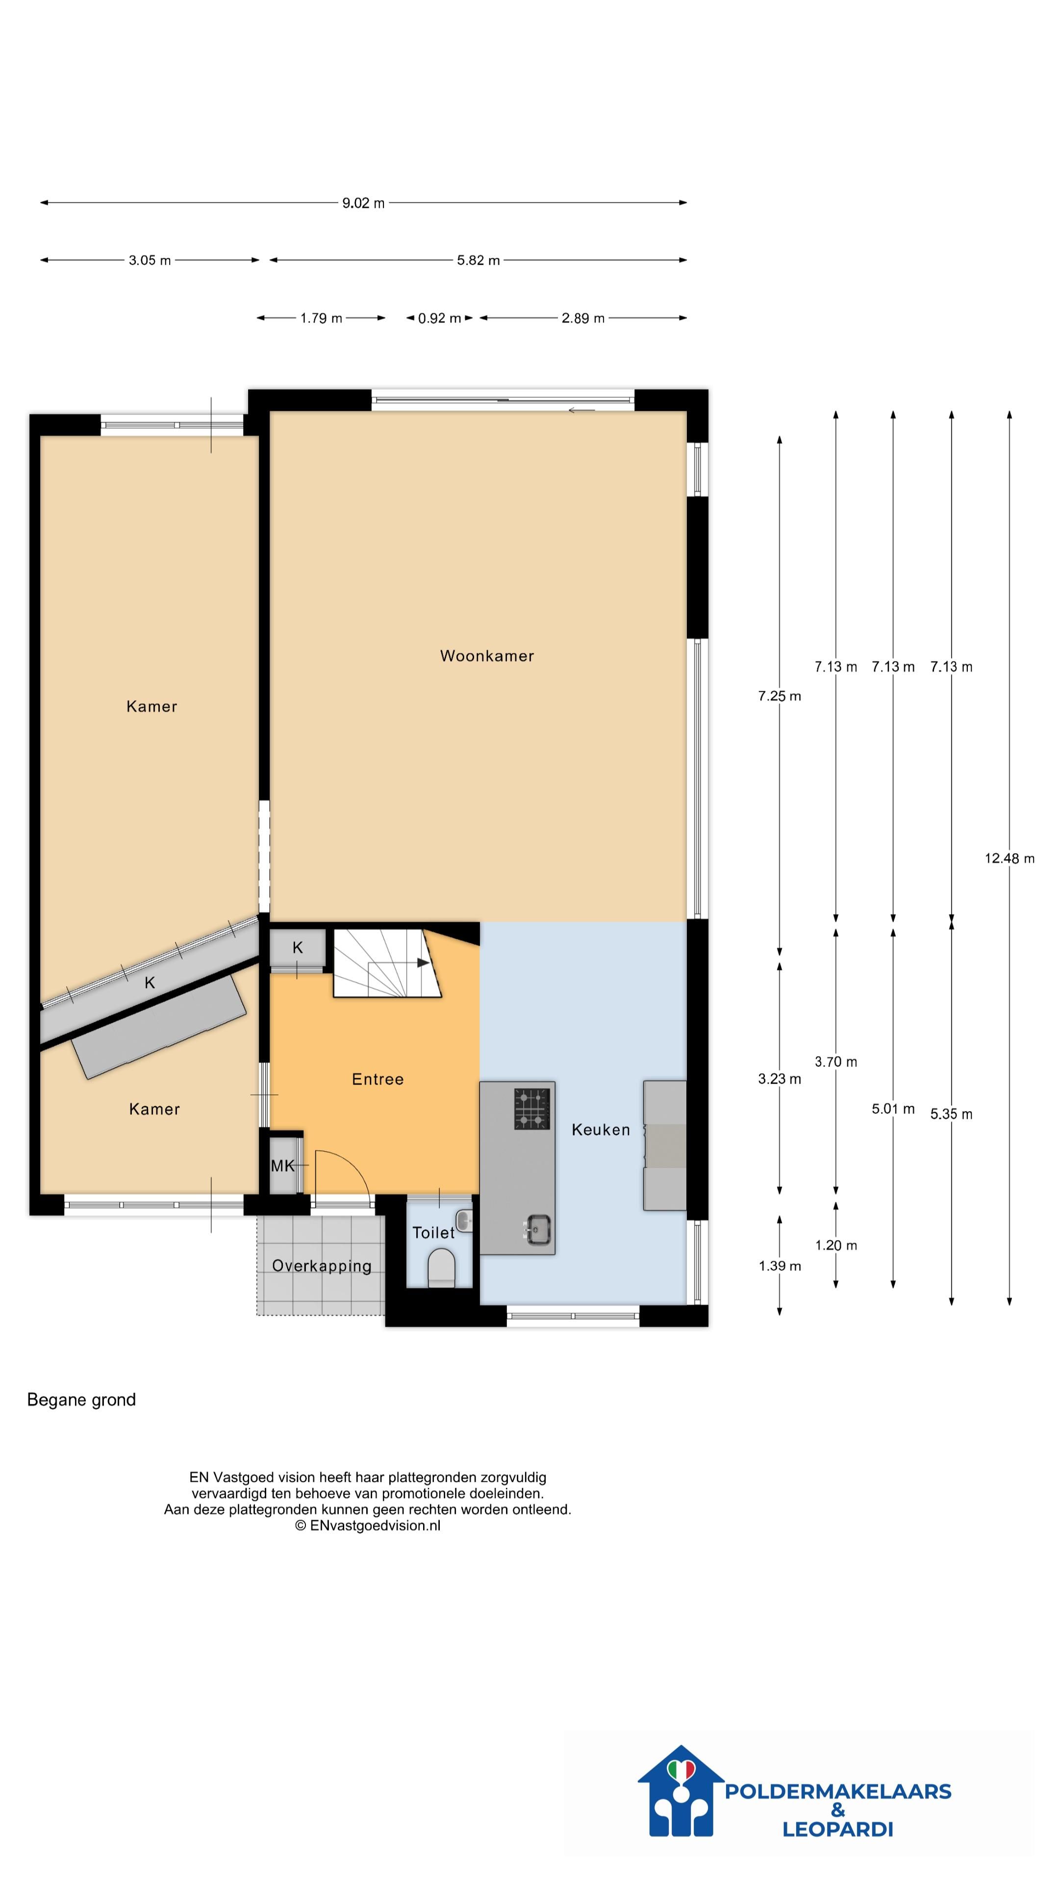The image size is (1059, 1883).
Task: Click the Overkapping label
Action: pyautogui.click(x=322, y=1267)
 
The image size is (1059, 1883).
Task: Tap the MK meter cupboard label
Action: pyautogui.click(x=283, y=1166)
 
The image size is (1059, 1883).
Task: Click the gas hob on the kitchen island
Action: pyautogui.click(x=531, y=1109)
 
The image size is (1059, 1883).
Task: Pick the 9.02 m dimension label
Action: pyautogui.click(x=363, y=203)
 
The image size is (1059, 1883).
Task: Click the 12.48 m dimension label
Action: pyautogui.click(x=1009, y=858)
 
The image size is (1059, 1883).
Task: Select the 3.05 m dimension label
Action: pyautogui.click(x=150, y=260)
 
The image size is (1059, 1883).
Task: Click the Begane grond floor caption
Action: pyautogui.click(x=81, y=1400)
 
